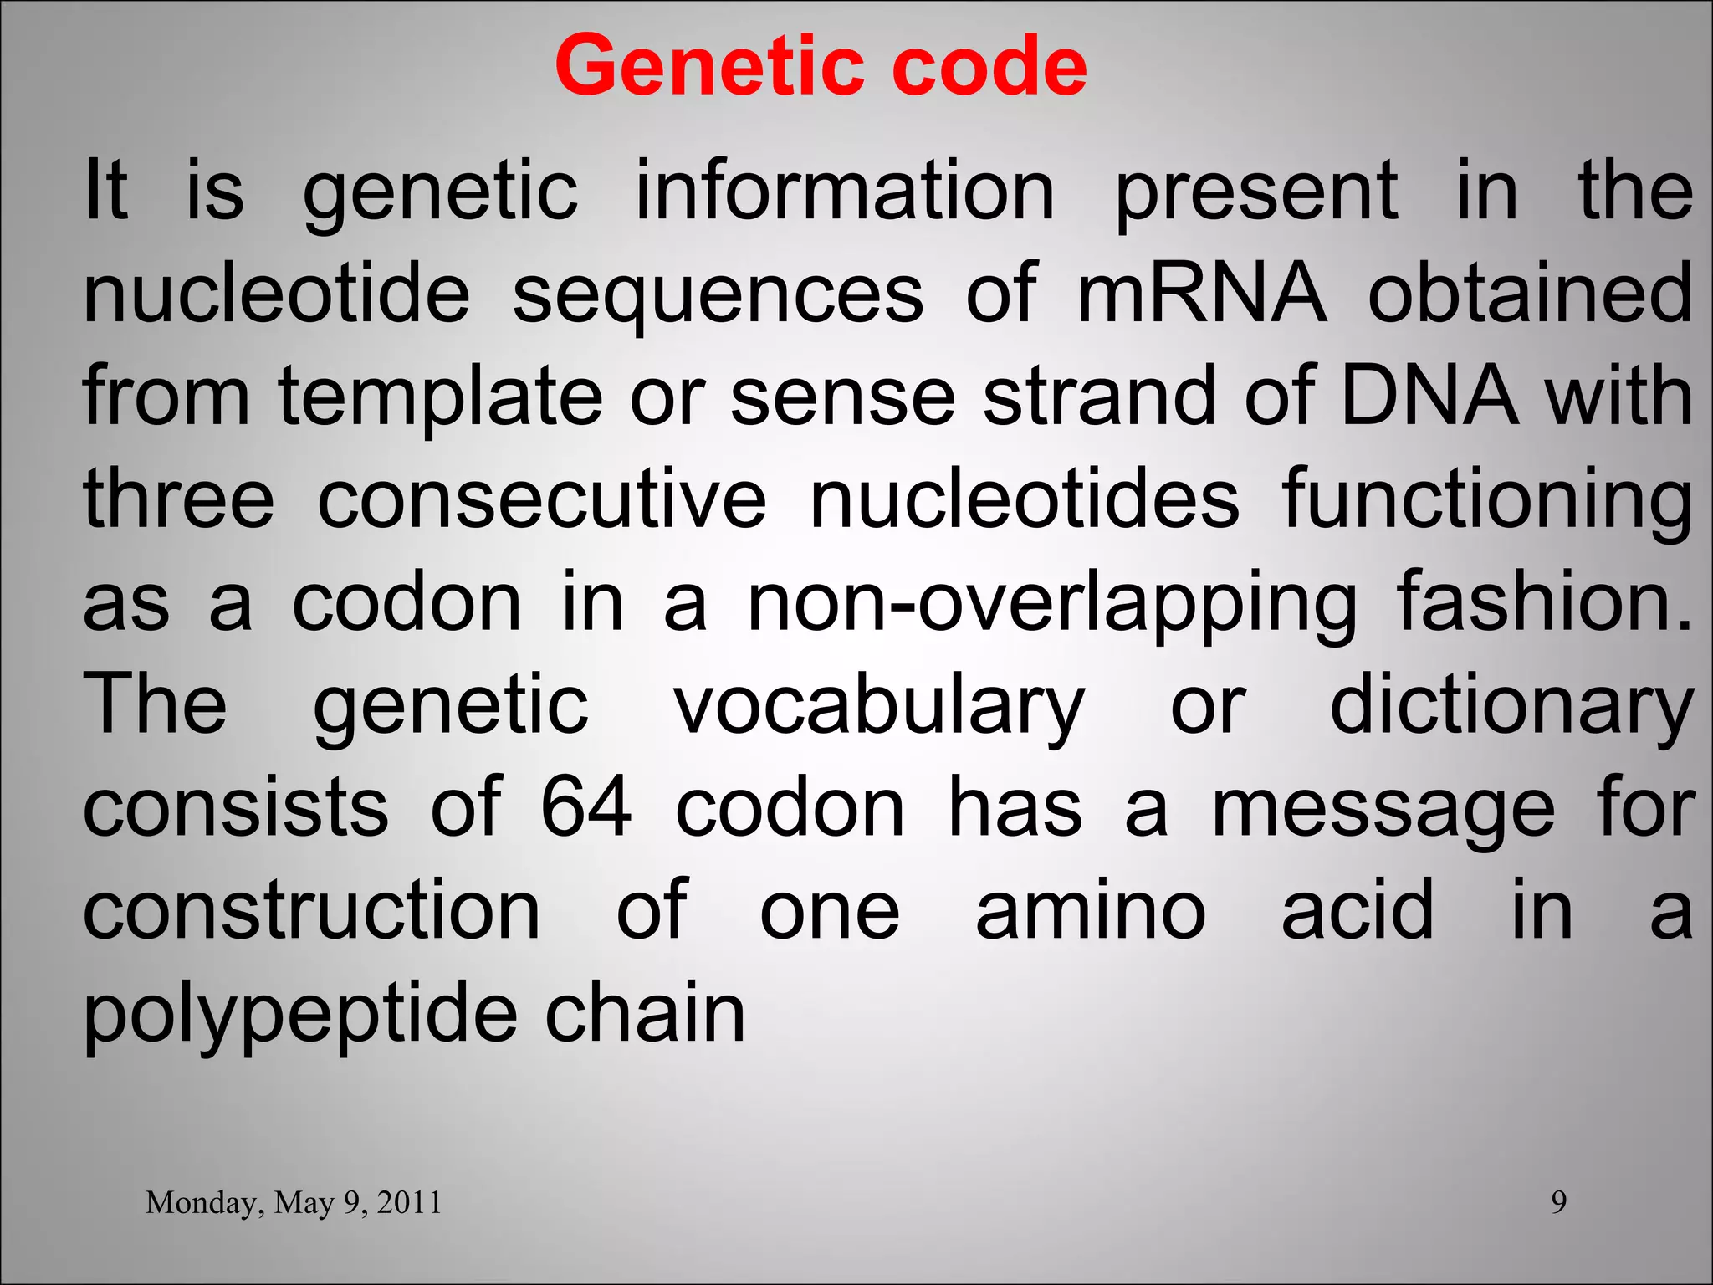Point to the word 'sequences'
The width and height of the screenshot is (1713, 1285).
pyautogui.click(x=718, y=294)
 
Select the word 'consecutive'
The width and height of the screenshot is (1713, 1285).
pyautogui.click(x=542, y=499)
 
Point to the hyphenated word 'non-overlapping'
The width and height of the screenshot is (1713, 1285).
pyautogui.click(x=1052, y=604)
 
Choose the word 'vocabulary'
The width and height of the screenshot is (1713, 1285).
pyautogui.click(x=880, y=707)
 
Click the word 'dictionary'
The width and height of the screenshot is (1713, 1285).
pyautogui.click(x=1511, y=707)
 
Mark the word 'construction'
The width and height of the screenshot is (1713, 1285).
pyautogui.click(x=312, y=911)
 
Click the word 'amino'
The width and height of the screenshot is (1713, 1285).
pyautogui.click(x=1091, y=911)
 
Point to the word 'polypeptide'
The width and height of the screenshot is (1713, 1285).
pyautogui.click(x=300, y=1015)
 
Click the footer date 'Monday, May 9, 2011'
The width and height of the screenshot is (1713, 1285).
pyautogui.click(x=294, y=1202)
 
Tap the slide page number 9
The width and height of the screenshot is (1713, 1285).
pyautogui.click(x=1559, y=1202)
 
